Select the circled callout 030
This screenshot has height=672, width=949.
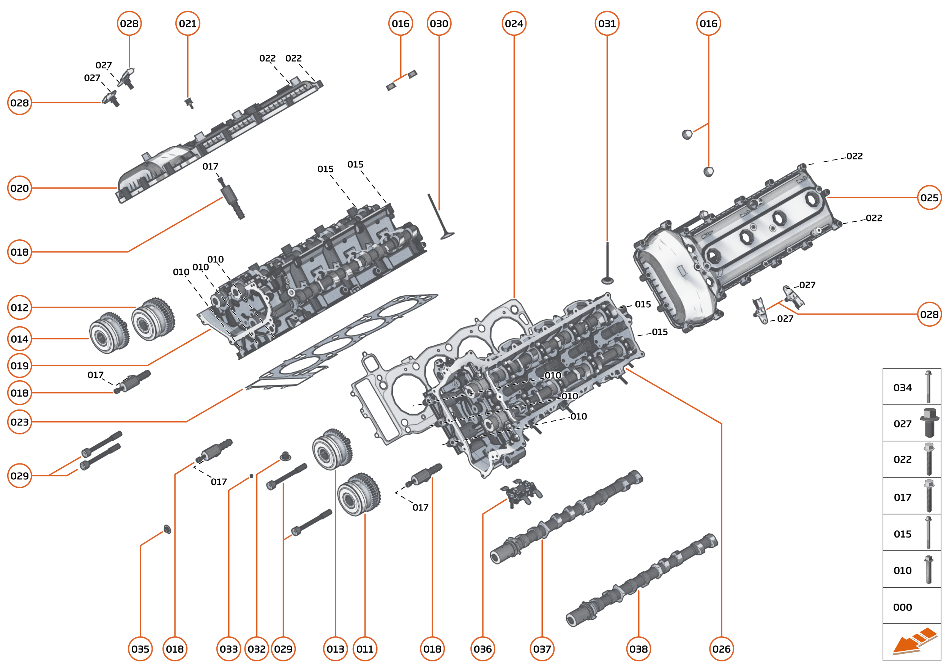tap(439, 24)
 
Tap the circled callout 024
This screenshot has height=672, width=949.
tap(514, 24)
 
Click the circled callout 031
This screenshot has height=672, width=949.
tap(607, 24)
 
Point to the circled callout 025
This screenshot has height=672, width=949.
tap(929, 198)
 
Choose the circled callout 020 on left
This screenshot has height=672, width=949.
tap(19, 188)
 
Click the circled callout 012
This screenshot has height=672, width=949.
tap(19, 307)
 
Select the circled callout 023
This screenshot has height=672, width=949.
tap(19, 422)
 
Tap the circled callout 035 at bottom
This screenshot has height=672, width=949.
tap(140, 649)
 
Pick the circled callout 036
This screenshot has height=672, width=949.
tap(482, 649)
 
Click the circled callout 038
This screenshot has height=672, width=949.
tap(638, 649)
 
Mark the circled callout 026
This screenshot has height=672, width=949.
tap(722, 649)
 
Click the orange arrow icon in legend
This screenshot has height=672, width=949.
tap(914, 641)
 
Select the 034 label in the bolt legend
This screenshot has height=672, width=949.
tap(902, 388)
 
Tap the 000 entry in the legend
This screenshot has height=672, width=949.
tap(902, 607)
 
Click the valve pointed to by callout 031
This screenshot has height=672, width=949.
tap(607, 265)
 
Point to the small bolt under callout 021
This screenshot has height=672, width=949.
tap(189, 103)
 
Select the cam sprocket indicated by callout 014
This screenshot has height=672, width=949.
tap(108, 333)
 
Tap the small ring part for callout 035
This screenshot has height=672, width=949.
tap(167, 529)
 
